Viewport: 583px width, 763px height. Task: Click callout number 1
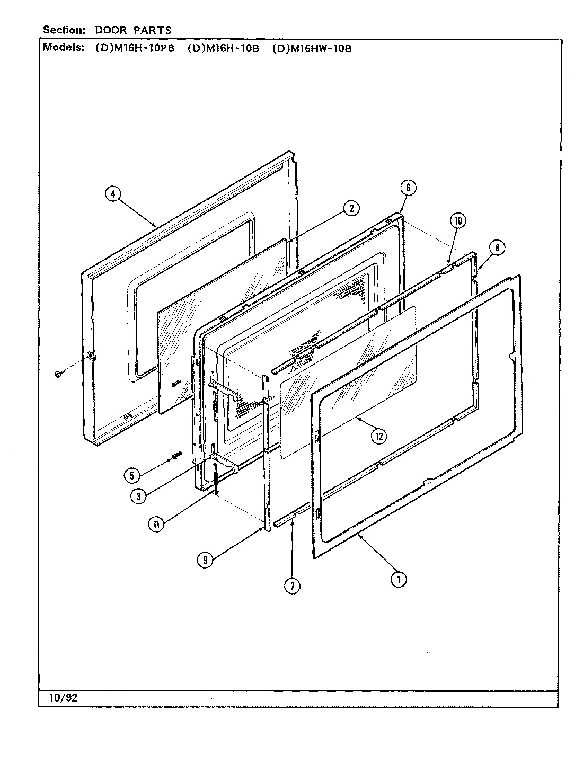click(399, 580)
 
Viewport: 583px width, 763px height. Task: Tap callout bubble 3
click(138, 495)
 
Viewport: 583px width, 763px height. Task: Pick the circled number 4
click(112, 194)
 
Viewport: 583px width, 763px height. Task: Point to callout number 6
click(408, 188)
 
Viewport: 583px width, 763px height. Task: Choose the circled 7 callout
click(291, 585)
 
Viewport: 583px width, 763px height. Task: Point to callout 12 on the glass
click(378, 436)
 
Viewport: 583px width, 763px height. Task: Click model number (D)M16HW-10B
click(312, 48)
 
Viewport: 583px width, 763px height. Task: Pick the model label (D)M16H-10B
click(223, 48)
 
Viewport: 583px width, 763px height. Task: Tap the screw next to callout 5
click(176, 455)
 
